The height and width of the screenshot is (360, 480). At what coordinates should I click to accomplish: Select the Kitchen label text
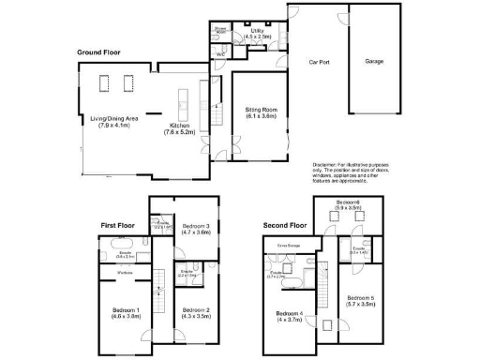[179, 127]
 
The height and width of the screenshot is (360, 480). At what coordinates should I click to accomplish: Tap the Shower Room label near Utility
[220, 30]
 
